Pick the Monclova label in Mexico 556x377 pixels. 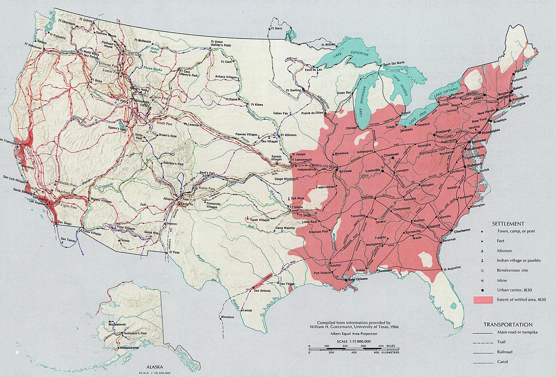click(227, 318)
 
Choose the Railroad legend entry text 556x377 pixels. click(508, 353)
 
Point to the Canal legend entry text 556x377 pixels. click(505, 363)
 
